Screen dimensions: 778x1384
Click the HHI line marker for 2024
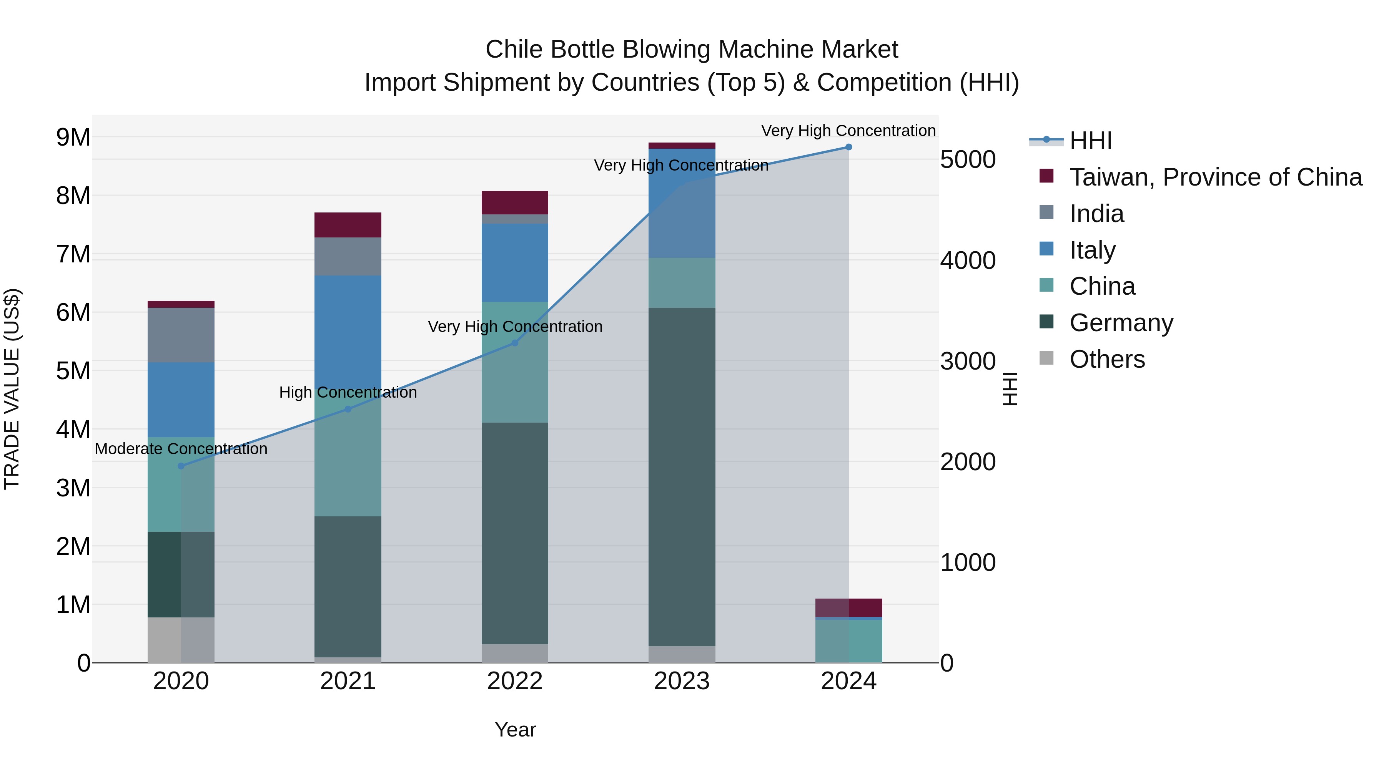pos(848,147)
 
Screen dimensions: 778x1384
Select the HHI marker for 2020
pos(181,466)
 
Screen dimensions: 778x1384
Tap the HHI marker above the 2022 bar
pos(515,343)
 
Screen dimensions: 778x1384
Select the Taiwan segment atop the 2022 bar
pos(515,202)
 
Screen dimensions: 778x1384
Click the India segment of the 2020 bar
pos(181,335)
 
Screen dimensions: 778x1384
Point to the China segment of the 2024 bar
pos(848,641)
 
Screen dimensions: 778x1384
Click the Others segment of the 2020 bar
pos(181,640)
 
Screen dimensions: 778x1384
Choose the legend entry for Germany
pos(1121,323)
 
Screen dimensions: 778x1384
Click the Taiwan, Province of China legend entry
pos(1215,177)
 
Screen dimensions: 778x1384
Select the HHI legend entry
pos(1090,141)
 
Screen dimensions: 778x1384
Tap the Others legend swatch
pos(1046,358)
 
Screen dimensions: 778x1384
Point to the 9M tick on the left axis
pos(73,138)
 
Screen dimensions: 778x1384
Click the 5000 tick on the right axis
pos(968,159)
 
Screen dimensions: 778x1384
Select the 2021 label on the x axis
pos(348,681)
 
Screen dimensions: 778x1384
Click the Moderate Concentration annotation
pos(181,449)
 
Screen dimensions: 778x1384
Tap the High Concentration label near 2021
pos(348,393)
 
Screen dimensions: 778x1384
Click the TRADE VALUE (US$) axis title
pos(12,389)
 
